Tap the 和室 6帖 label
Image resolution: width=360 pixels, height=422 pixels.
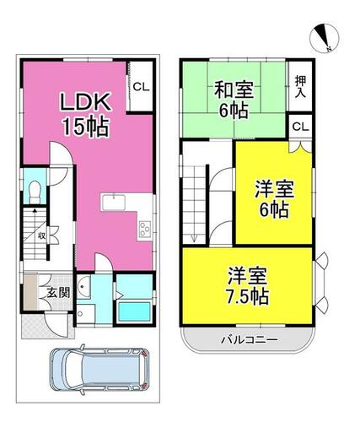tap(234, 100)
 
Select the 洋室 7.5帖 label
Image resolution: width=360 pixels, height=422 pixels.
tap(247, 286)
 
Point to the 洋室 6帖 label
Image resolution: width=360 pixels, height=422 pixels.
tap(274, 199)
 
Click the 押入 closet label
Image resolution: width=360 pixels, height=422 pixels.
tap(300, 87)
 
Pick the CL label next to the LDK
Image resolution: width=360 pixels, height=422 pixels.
tap(141, 87)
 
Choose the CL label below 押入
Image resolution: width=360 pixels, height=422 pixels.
tap(300, 127)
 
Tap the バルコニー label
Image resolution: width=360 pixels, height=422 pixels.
tap(250, 340)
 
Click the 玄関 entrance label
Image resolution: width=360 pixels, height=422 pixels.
tap(58, 293)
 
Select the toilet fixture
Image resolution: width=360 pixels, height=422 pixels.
tap(35, 192)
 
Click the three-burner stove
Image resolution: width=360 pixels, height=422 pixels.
tap(145, 229)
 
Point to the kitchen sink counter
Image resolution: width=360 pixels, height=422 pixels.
tap(114, 202)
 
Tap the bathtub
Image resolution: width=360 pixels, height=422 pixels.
tap(134, 311)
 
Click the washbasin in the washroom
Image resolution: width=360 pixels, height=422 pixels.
tap(83, 287)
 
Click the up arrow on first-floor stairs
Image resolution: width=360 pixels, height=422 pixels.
tap(35, 211)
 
